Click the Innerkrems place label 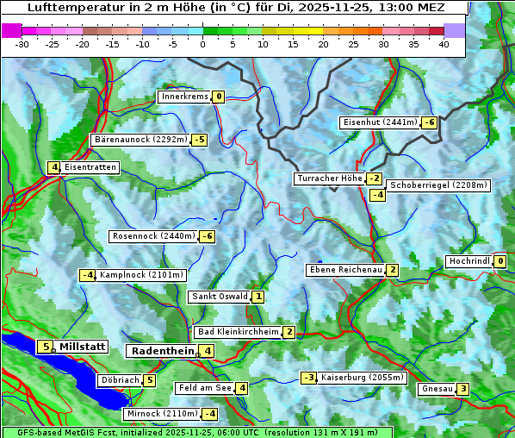tap(184, 97)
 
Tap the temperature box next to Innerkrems tap(219, 97)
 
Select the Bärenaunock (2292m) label tap(140, 139)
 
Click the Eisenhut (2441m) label tap(379, 122)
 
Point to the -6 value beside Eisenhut tap(429, 122)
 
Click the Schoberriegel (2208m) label tap(438, 185)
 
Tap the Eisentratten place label tap(90, 167)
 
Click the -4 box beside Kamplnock tap(87, 275)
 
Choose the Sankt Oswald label tap(219, 297)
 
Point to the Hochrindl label tap(469, 261)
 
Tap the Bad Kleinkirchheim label tap(239, 332)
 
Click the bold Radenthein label tap(163, 351)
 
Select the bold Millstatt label tap(83, 347)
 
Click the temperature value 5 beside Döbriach tap(149, 380)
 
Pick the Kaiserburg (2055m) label tap(362, 378)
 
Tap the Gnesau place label tap(437, 389)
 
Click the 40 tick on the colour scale tap(444, 44)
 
